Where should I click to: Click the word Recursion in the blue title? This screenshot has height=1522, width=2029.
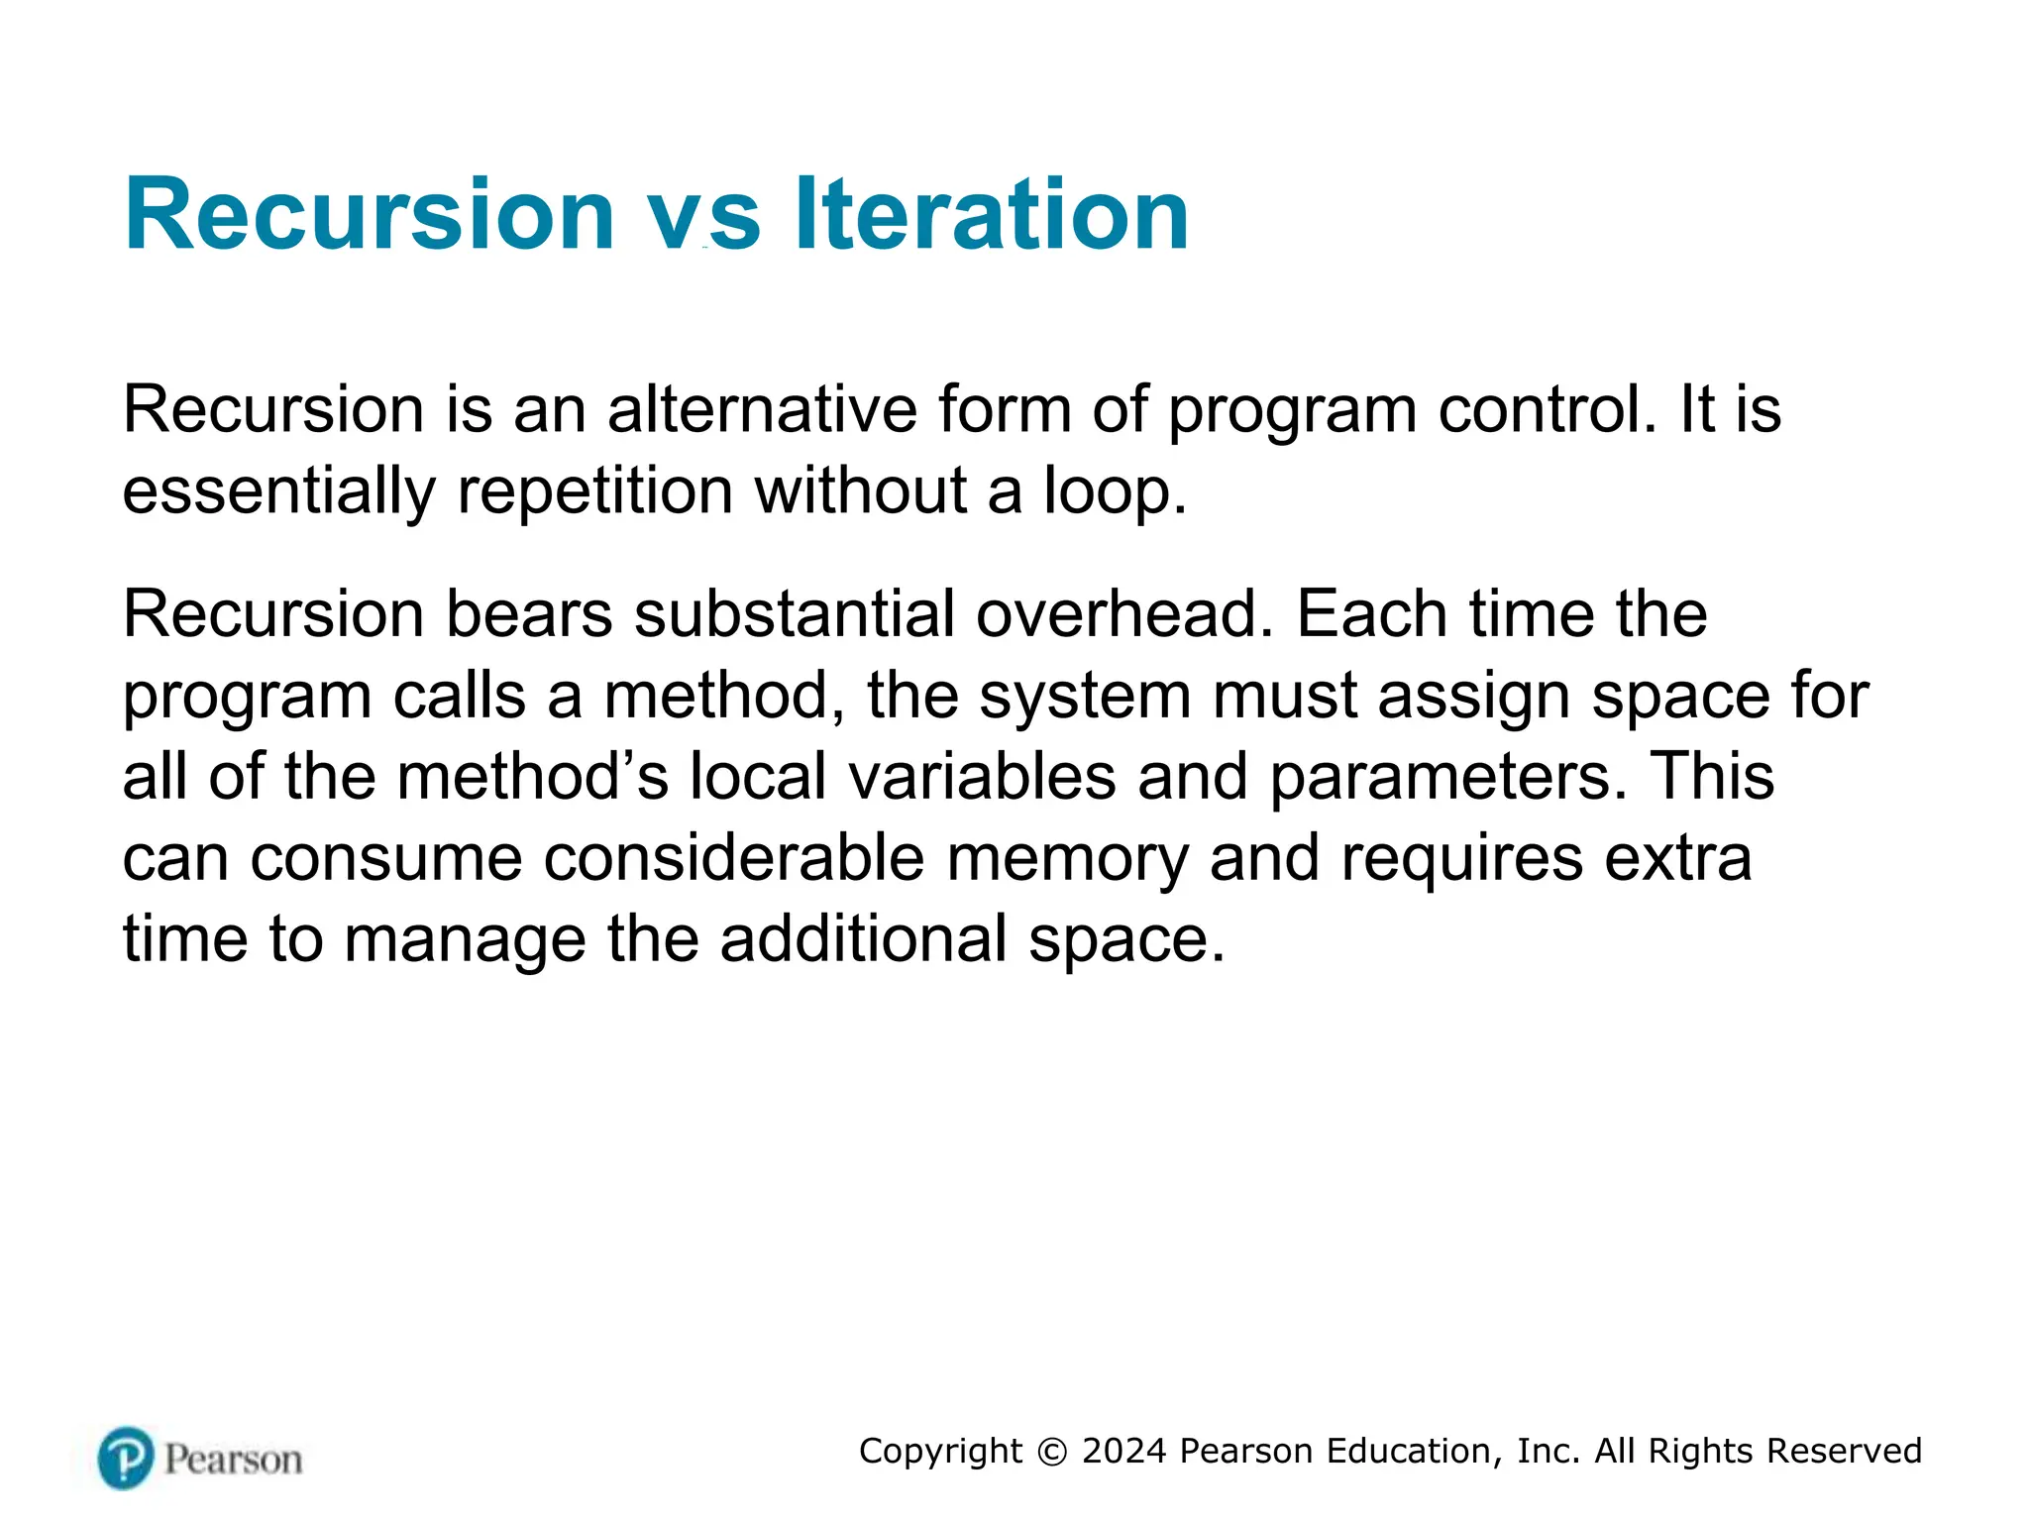coord(370,214)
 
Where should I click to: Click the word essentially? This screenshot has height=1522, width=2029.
coord(278,492)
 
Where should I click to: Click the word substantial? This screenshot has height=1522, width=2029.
coord(794,614)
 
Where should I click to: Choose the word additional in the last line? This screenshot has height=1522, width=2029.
coord(863,939)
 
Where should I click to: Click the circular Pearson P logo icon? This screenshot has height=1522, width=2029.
coord(126,1458)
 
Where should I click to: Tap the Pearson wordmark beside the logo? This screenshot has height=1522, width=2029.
coord(233,1460)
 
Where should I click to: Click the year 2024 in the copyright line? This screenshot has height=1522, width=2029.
coord(1123,1452)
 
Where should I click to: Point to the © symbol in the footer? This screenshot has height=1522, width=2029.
coord(1052,1453)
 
